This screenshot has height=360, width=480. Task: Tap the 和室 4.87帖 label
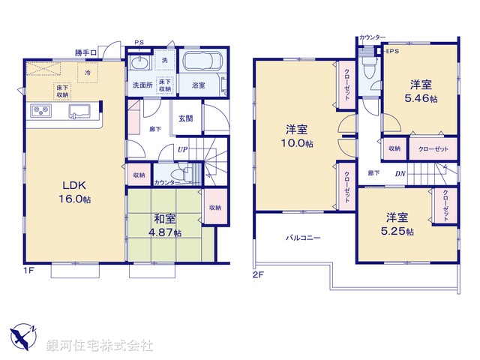166,226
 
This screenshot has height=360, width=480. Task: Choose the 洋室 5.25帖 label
397,223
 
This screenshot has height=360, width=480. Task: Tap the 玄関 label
186,118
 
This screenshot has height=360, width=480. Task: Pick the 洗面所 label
142,85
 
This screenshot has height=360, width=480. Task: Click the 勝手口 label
86,52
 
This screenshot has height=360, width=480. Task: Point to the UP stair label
182,150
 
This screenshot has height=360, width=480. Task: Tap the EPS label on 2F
392,51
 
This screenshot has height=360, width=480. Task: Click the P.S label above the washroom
139,43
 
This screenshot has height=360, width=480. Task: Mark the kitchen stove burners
40,112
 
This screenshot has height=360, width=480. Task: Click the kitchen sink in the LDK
79,112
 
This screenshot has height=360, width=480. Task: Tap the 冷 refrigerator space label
88,73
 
